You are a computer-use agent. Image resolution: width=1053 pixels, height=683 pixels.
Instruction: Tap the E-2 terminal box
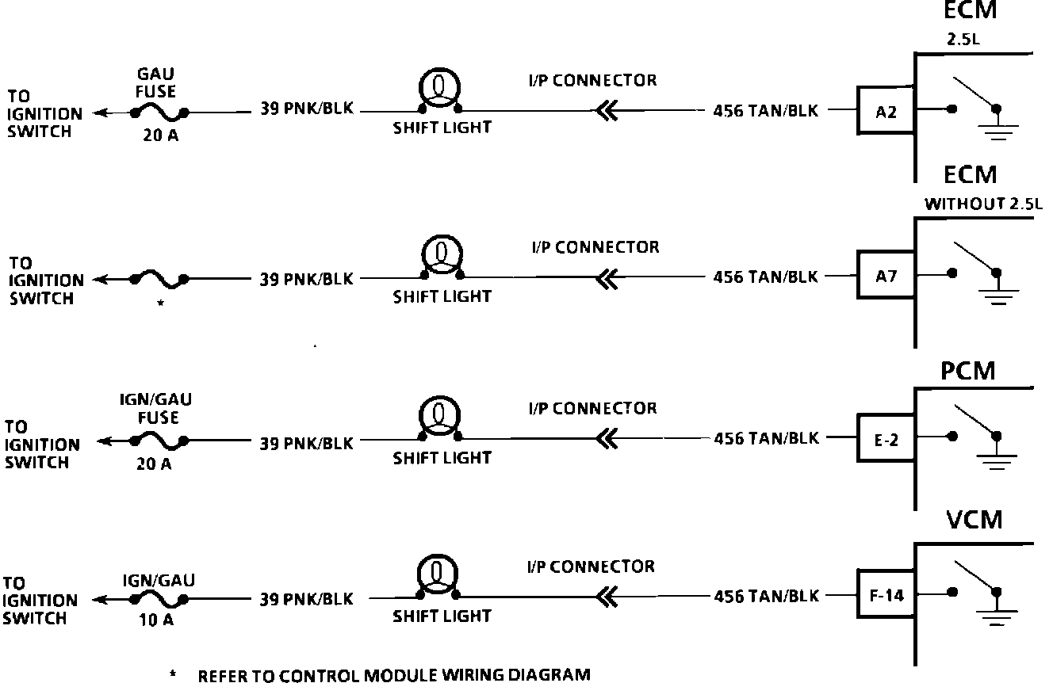point(886,438)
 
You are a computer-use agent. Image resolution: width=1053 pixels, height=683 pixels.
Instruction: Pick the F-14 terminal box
point(886,594)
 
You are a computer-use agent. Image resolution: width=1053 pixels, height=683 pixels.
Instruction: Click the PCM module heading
point(967,371)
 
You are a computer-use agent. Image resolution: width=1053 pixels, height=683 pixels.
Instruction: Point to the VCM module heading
point(975,520)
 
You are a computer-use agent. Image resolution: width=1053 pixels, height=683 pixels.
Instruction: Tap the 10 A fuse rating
point(155,620)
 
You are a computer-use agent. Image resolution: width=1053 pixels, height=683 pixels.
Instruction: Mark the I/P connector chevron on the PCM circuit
point(606,437)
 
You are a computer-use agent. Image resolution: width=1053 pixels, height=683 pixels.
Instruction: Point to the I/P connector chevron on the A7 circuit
point(606,277)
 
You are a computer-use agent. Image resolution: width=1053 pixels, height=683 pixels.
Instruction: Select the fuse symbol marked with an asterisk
point(159,279)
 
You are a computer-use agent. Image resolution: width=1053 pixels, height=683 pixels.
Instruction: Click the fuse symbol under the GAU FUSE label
point(159,113)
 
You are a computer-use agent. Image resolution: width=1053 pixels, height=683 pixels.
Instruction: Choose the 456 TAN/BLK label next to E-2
point(765,438)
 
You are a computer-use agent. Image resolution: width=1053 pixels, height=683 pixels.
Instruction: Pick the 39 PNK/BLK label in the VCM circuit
point(307,600)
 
